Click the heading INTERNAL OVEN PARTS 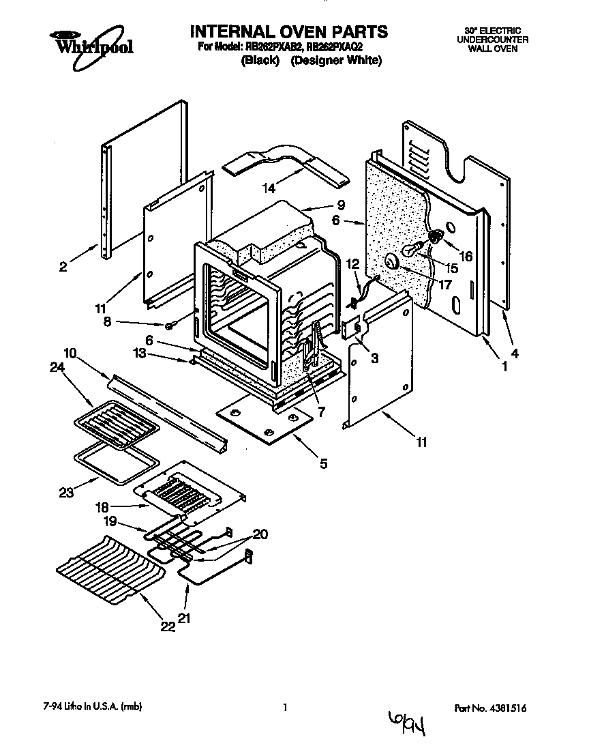288,32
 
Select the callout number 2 63,268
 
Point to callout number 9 340,204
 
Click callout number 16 467,256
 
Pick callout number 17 445,285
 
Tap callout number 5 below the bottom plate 323,463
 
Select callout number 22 168,626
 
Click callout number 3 376,357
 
